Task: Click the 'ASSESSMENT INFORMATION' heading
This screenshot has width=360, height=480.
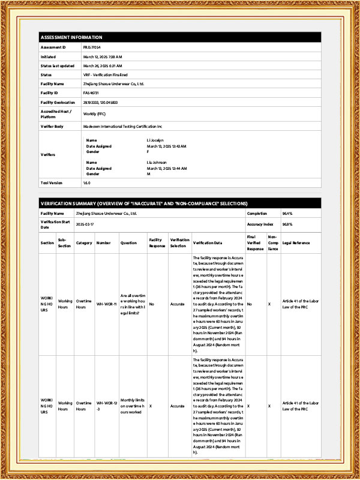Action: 71,37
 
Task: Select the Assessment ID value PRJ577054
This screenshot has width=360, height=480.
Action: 92,47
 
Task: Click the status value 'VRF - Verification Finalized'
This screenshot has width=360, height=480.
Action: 106,74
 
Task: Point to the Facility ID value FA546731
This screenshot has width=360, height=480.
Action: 91,93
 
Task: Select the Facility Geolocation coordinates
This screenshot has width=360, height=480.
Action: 100,103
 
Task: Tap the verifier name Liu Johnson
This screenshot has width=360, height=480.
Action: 157,162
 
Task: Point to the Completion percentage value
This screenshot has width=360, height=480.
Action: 287,213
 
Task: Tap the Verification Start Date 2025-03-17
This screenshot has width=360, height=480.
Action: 86,224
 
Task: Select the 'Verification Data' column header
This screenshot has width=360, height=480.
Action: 208,242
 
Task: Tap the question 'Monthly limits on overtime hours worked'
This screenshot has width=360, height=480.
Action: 133,406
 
